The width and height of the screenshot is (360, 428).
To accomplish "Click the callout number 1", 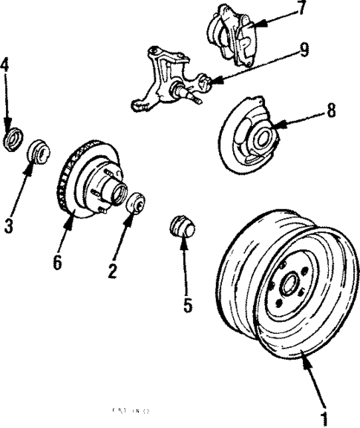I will point(324,418).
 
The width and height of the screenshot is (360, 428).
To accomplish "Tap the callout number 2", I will point(111,271).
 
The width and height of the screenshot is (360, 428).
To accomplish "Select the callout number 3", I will point(8,225).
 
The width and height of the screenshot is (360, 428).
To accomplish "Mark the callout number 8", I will point(330,111).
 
